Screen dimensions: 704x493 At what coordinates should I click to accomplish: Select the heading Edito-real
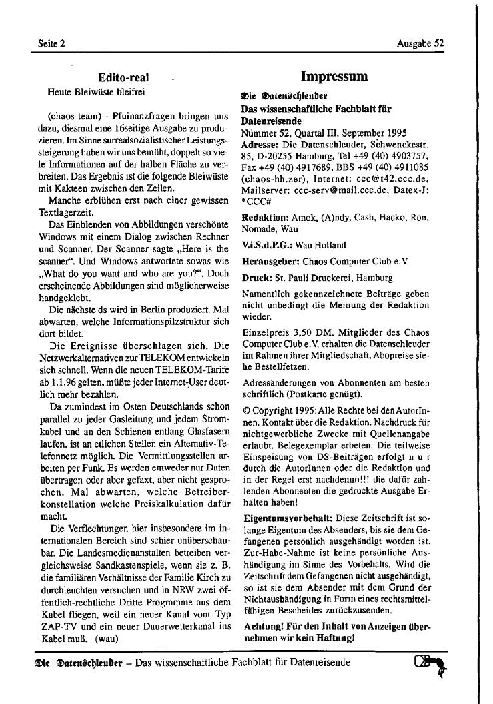point(123,78)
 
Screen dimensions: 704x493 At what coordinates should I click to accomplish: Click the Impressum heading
point(334,77)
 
